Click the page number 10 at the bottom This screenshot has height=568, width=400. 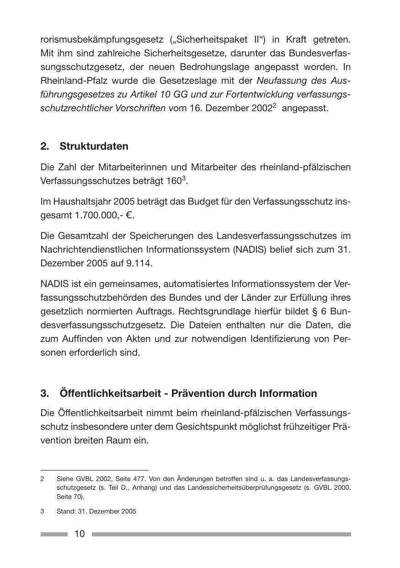click(80, 534)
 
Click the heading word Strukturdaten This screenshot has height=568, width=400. click(94, 146)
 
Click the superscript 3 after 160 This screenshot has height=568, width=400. click(184, 178)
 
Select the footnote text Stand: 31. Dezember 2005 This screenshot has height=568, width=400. click(96, 511)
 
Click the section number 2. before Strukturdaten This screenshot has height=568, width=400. click(44, 146)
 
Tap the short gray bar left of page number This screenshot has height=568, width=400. click(54, 534)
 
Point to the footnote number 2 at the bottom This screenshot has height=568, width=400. click(42, 479)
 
